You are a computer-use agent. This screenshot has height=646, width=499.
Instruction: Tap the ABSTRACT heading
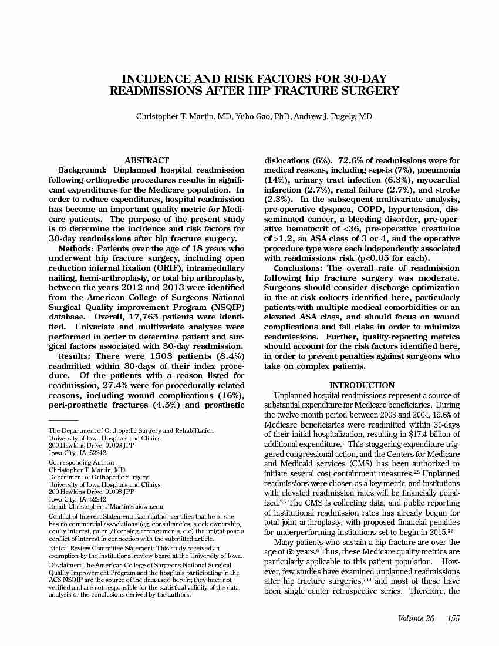tap(147, 160)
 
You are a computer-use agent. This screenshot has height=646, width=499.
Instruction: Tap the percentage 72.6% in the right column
tap(351, 160)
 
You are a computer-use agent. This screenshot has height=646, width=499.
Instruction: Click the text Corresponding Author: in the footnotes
tap(81, 463)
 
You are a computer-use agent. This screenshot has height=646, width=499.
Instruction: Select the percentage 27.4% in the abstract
tap(122, 385)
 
